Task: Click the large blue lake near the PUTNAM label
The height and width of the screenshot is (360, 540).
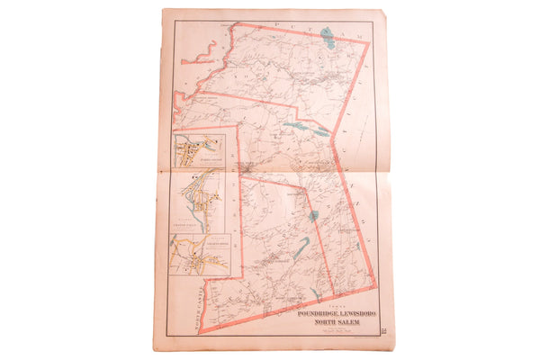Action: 328,38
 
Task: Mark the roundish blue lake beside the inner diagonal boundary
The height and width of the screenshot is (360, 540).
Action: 313,216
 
